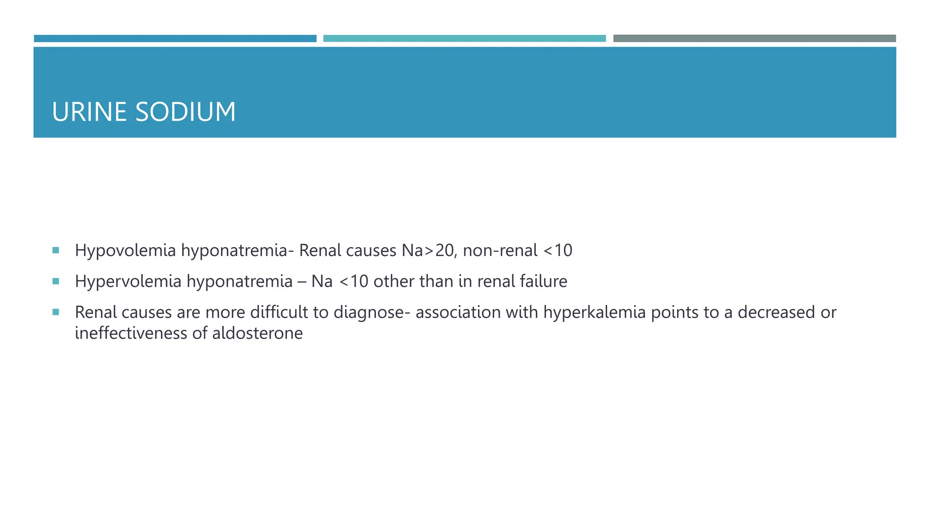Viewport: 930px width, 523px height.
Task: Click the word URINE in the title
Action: tap(89, 112)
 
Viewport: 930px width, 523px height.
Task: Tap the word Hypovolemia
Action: tap(125, 251)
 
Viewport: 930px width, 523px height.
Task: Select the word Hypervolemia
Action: tap(128, 281)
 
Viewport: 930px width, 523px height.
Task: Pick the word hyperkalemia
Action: tap(594, 312)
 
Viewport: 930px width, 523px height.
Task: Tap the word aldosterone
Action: tap(257, 333)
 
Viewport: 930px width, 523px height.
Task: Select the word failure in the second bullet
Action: tap(544, 281)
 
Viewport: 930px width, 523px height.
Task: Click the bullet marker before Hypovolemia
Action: tap(56, 250)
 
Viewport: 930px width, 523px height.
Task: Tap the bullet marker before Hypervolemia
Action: tap(56, 281)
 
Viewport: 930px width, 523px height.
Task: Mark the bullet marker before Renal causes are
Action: tap(56, 312)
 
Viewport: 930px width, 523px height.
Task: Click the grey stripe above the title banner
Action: tap(754, 39)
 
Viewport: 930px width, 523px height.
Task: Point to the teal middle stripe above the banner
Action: tap(464, 39)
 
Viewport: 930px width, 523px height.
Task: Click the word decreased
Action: tap(777, 312)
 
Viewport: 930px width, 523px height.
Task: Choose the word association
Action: tap(458, 312)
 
